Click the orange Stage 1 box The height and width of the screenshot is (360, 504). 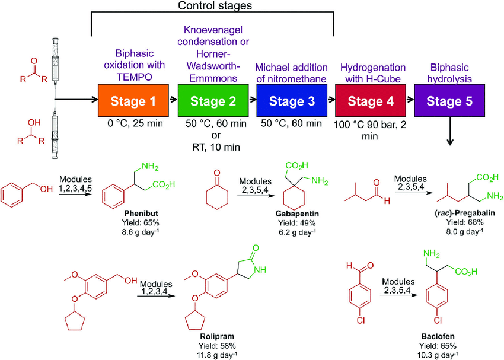point(133,101)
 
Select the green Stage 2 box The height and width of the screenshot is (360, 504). point(213,101)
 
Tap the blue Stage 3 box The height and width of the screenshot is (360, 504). point(292,101)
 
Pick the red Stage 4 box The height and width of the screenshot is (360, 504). point(371,101)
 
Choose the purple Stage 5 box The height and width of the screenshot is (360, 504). point(449,101)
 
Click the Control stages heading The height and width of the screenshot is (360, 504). point(215,5)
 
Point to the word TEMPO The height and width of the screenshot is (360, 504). point(135,77)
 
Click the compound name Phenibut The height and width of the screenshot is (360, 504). point(141,213)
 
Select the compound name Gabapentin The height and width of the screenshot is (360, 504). point(297,214)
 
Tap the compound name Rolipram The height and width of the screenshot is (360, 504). point(217,336)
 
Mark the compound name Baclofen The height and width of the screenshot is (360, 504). point(438,336)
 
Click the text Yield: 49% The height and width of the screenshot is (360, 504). point(297,223)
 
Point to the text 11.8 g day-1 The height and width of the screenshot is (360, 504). point(217,355)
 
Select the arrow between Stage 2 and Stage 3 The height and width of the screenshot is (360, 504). point(253,100)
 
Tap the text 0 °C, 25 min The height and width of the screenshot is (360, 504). point(135,123)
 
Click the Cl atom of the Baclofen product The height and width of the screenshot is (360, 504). point(438,320)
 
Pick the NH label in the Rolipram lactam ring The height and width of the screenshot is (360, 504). point(260,270)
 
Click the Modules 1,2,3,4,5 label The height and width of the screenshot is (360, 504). point(75,184)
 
